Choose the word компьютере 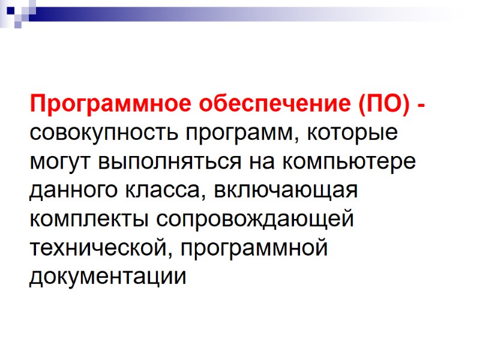[x=346, y=163]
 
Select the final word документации [x=108, y=277]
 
